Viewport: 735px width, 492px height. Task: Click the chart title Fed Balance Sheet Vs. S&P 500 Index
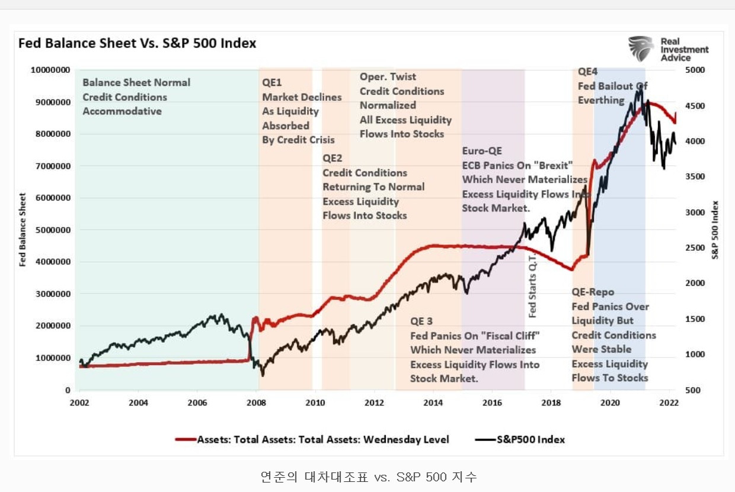pyautogui.click(x=137, y=43)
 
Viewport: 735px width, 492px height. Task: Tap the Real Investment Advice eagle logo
pyautogui.click(x=642, y=49)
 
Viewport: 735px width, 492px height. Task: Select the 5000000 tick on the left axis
pyautogui.click(x=51, y=230)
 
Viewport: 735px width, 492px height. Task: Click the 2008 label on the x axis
pyautogui.click(x=257, y=402)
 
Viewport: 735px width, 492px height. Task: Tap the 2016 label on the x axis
pyautogui.click(x=492, y=402)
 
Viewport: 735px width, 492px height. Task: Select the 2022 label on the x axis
pyautogui.click(x=669, y=402)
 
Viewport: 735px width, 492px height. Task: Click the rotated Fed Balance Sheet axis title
pyautogui.click(x=23, y=230)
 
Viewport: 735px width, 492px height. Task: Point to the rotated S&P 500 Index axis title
pyautogui.click(x=715, y=230)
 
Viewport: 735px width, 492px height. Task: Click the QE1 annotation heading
pyautogui.click(x=272, y=82)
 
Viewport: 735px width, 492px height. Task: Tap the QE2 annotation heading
pyautogui.click(x=332, y=158)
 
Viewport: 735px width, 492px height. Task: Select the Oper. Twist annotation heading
pyautogui.click(x=388, y=76)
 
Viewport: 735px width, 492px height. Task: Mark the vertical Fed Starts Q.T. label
pyautogui.click(x=532, y=283)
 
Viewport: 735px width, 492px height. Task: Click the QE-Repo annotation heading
pyautogui.click(x=593, y=292)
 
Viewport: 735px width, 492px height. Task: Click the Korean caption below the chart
pyautogui.click(x=367, y=476)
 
